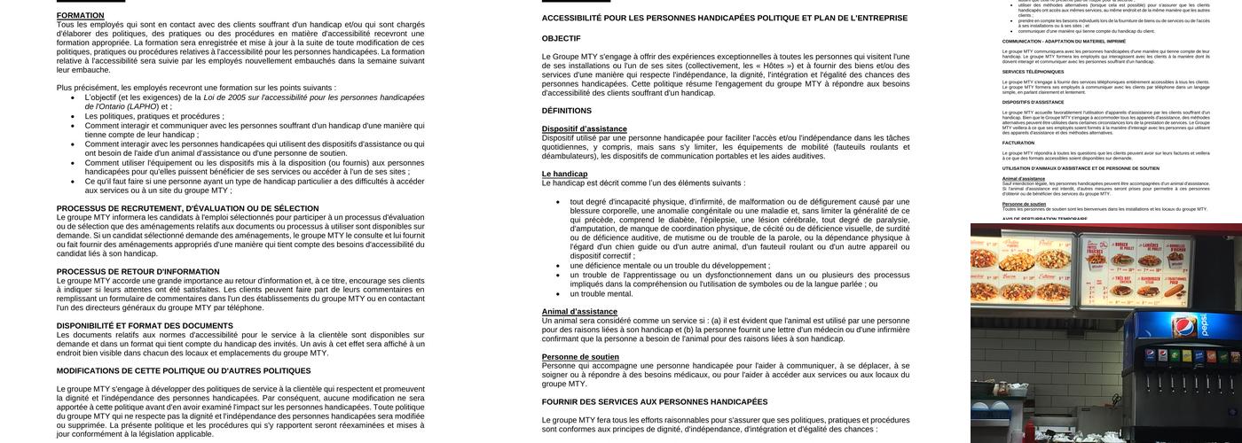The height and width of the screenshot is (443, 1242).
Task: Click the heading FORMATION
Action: point(80,16)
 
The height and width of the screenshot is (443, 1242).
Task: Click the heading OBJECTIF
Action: point(561,39)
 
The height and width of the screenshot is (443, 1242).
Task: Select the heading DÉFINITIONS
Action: point(566,111)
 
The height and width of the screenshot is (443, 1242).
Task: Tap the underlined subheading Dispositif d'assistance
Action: point(584,129)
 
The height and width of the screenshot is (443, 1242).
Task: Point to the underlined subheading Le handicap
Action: point(564,175)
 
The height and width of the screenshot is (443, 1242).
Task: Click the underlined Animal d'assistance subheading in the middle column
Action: point(579,312)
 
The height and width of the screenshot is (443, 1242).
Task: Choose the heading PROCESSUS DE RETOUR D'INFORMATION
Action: point(138,272)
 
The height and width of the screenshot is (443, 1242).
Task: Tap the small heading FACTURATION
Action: point(1018,143)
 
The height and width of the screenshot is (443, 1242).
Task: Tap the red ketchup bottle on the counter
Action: point(1029,432)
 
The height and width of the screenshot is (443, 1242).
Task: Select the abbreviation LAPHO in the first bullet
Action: point(143,106)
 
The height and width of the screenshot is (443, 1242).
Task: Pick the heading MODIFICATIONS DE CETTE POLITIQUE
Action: point(184,371)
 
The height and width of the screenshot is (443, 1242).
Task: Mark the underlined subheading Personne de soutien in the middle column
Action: point(580,357)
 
